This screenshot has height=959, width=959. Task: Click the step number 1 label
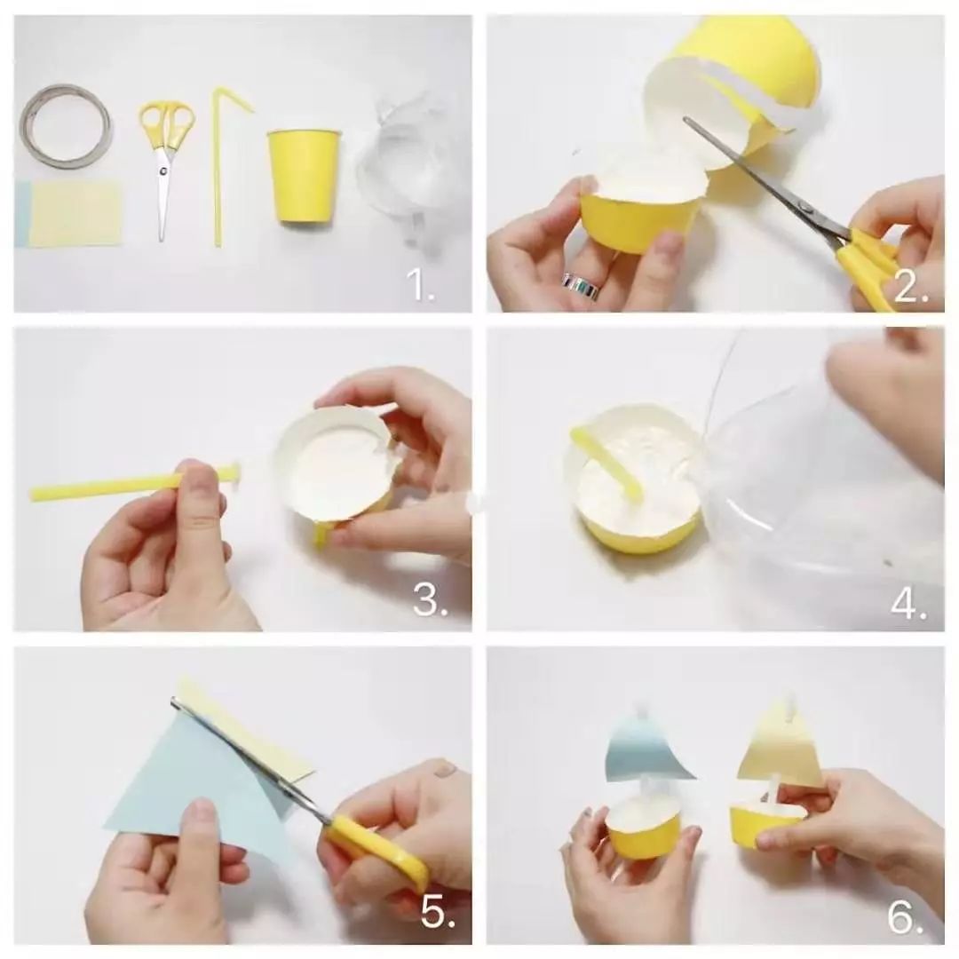coord(421,284)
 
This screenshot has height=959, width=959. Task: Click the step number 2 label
coord(911,286)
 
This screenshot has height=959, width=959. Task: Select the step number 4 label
coord(909,603)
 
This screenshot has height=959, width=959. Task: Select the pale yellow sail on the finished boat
coord(780,752)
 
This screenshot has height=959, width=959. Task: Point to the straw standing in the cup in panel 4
coord(606,462)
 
